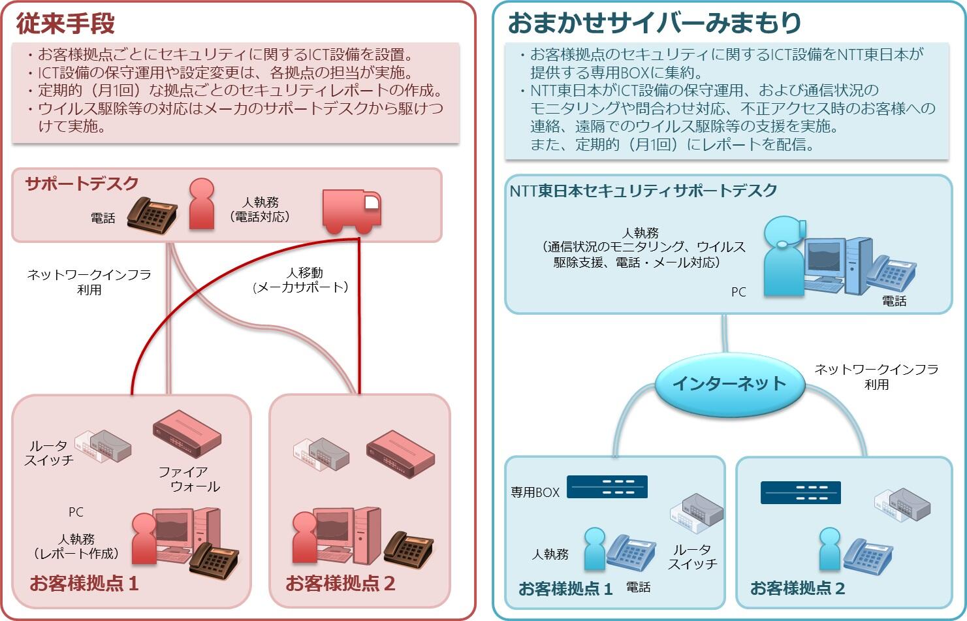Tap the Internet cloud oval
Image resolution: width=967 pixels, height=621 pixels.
click(x=729, y=383)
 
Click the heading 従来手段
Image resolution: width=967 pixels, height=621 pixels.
click(x=65, y=23)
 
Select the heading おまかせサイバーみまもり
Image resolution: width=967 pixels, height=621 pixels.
click(x=654, y=23)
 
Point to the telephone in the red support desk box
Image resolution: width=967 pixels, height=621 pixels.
click(x=151, y=214)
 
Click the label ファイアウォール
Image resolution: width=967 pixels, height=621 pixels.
click(x=189, y=479)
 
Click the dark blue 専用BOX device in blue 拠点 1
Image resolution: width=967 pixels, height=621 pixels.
click(x=607, y=487)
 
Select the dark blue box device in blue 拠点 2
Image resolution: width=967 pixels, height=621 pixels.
click(x=801, y=492)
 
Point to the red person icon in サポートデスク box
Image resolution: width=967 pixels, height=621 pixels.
click(x=201, y=204)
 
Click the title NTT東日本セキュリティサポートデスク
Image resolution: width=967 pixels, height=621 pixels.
click(x=643, y=191)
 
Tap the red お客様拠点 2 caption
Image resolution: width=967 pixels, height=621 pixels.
click(x=340, y=582)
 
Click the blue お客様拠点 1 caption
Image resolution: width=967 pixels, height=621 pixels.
click(x=565, y=588)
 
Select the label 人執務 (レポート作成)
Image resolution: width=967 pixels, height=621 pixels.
click(x=76, y=546)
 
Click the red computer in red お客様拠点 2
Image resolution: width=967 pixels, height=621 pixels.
click(x=345, y=535)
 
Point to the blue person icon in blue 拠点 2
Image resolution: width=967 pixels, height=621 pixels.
click(x=829, y=549)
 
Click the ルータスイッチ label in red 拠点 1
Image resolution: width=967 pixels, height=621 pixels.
click(x=49, y=453)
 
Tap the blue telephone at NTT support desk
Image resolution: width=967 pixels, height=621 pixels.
click(x=891, y=273)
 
